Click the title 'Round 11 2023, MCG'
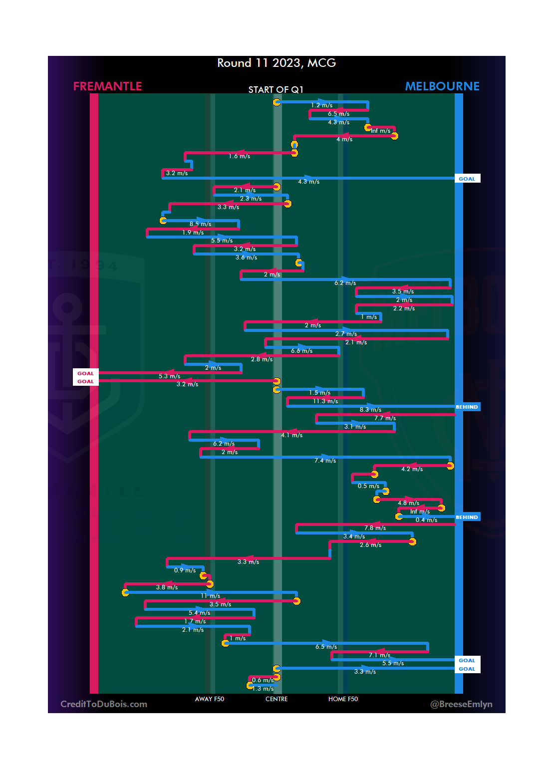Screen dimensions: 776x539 click(276, 63)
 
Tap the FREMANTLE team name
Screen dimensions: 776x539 click(107, 86)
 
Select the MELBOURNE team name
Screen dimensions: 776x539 click(442, 86)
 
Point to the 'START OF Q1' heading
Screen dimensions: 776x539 click(276, 90)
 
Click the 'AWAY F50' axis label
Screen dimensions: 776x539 click(210, 699)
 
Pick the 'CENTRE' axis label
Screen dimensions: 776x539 click(276, 699)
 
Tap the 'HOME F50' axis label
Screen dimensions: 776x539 click(343, 699)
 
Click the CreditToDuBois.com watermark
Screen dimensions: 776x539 click(104, 704)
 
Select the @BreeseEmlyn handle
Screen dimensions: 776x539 click(461, 704)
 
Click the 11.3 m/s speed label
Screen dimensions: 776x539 click(325, 401)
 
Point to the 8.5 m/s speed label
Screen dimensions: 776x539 click(200, 224)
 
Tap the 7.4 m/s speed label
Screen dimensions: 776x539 click(325, 461)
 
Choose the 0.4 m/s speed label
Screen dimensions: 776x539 click(426, 520)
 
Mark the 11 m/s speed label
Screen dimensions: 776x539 click(210, 596)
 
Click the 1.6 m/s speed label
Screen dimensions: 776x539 click(239, 156)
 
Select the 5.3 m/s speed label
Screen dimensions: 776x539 click(169, 376)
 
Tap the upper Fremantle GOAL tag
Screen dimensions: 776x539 click(85, 373)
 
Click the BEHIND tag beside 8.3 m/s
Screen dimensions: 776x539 click(467, 407)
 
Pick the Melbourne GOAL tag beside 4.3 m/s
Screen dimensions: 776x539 click(467, 179)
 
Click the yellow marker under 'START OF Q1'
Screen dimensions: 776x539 click(276, 102)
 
